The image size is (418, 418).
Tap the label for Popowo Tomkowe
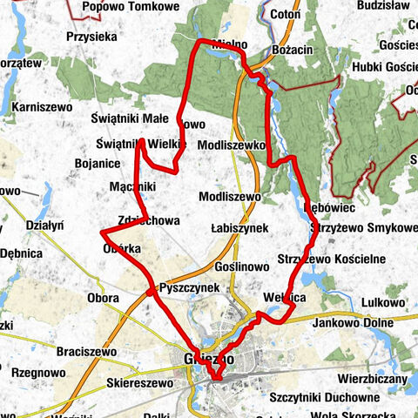[130, 7]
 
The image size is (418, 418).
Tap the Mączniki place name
[133, 186]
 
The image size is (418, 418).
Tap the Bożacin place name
[292, 51]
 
